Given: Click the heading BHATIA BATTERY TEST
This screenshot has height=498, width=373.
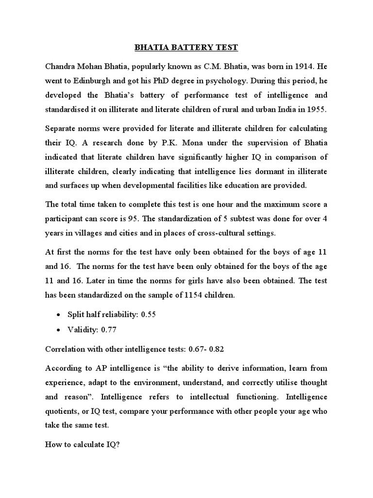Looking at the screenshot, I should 186,48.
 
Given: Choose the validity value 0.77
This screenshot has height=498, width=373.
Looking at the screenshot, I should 109,330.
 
